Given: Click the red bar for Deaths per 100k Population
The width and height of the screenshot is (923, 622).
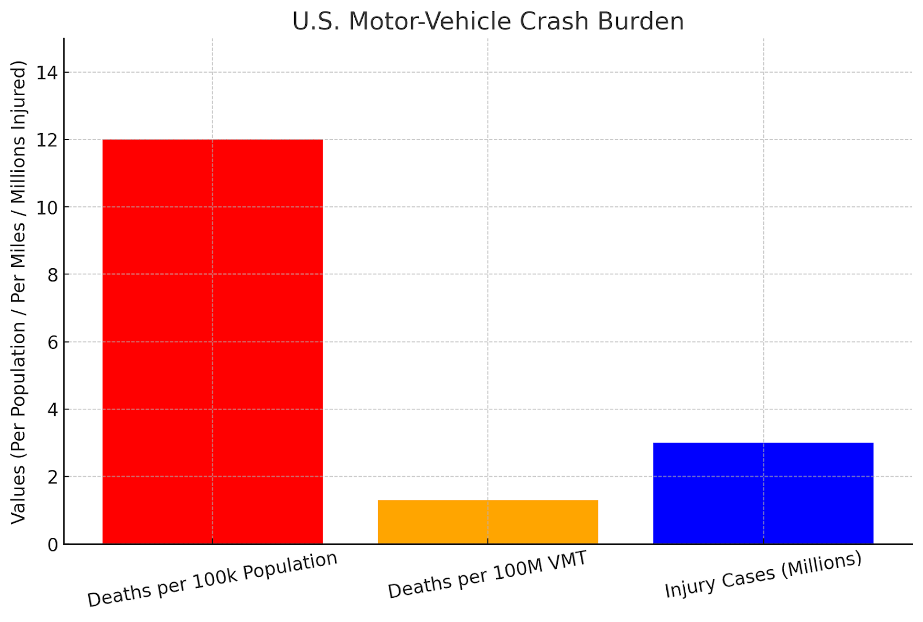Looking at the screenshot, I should point(212,341).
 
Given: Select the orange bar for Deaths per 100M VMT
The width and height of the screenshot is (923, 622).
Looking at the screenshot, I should point(487,522).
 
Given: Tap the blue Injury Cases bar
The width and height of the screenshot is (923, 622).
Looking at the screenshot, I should point(763,493).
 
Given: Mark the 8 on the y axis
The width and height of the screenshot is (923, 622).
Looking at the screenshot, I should point(52,275).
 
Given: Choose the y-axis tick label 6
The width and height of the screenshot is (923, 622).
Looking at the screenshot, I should point(52,342).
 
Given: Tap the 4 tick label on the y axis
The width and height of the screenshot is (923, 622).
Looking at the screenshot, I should point(52,410).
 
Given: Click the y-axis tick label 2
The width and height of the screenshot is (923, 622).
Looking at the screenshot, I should point(52,477).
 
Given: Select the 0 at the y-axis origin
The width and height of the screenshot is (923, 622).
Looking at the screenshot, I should point(52,545).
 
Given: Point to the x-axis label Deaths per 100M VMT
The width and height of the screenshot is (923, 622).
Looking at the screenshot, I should point(487,575).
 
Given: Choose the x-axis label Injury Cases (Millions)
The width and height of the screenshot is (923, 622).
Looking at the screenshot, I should point(763,575).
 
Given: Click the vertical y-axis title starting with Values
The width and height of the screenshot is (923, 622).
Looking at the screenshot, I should point(18,292).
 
